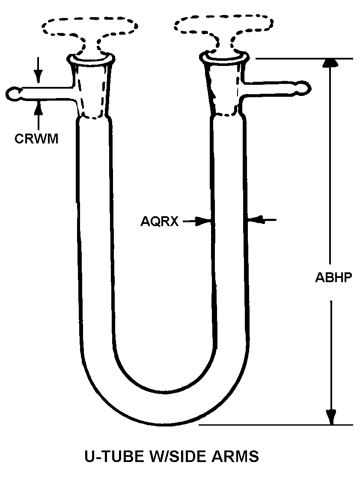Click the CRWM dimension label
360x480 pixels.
36,139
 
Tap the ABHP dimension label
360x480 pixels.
333,277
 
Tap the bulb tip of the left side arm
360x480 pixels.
13,93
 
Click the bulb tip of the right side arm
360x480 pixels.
303,87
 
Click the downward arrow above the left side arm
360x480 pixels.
38,76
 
